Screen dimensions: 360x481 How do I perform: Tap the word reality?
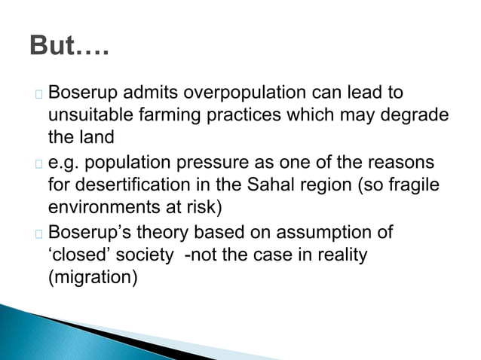(341, 255)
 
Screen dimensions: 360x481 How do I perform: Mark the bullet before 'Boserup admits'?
(38, 95)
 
